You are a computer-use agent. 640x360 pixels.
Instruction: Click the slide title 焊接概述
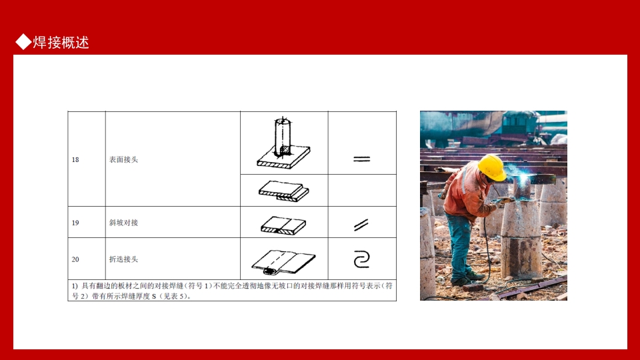coord(61,43)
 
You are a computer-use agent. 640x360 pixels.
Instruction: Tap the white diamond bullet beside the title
coord(23,41)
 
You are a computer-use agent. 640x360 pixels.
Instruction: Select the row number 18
coord(75,159)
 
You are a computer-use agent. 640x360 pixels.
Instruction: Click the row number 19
coord(75,223)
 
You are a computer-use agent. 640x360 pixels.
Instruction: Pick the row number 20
coord(75,259)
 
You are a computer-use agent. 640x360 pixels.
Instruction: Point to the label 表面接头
coord(123,159)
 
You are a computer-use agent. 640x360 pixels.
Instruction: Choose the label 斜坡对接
coord(123,223)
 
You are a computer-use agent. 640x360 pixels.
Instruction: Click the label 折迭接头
coord(123,259)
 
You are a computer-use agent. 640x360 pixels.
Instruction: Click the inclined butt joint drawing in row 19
coord(283,225)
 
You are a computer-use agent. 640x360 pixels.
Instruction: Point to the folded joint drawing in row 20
coord(283,262)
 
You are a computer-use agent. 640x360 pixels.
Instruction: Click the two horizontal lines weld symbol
coord(361,159)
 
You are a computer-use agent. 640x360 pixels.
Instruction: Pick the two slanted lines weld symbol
coord(361,225)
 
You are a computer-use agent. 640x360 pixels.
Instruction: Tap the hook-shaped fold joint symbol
coord(361,259)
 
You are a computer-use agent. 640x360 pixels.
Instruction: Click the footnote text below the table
coord(232,291)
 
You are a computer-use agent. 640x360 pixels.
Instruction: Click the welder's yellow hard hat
coord(492,167)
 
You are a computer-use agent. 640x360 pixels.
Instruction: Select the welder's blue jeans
coord(460,247)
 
